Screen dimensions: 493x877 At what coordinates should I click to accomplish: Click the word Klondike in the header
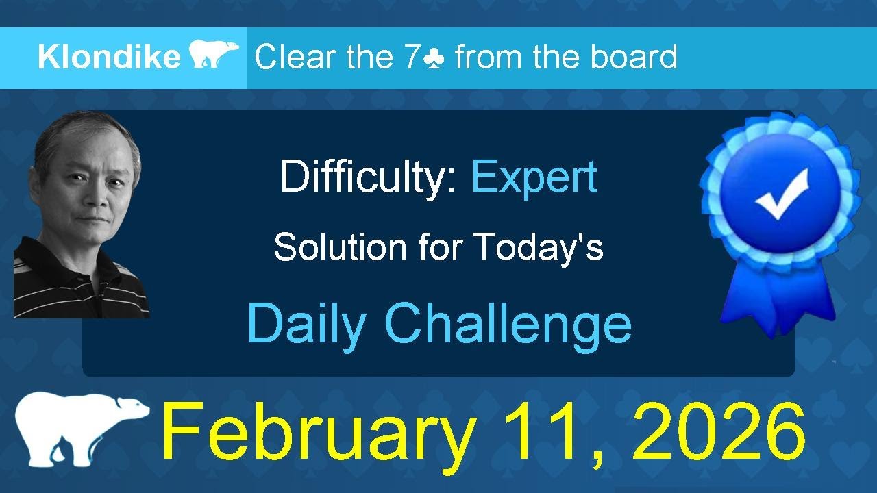108,58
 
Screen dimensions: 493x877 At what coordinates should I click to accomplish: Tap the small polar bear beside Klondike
214,55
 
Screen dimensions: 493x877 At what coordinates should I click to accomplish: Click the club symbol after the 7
434,58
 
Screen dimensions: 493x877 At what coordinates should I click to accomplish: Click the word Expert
534,178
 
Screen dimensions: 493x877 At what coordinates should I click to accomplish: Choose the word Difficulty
368,178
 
